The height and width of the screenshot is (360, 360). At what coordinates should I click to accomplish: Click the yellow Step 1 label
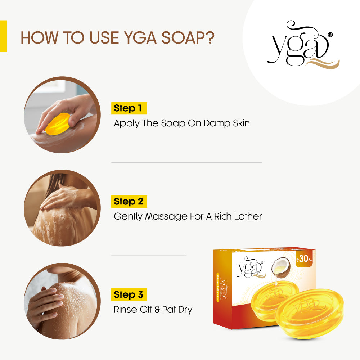[x=129, y=108]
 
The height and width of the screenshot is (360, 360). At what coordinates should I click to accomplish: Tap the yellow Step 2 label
[x=129, y=201]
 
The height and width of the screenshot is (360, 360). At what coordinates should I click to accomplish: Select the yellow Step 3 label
[x=129, y=294]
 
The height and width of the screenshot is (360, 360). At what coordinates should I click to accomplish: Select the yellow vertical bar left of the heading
[x=3, y=36]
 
